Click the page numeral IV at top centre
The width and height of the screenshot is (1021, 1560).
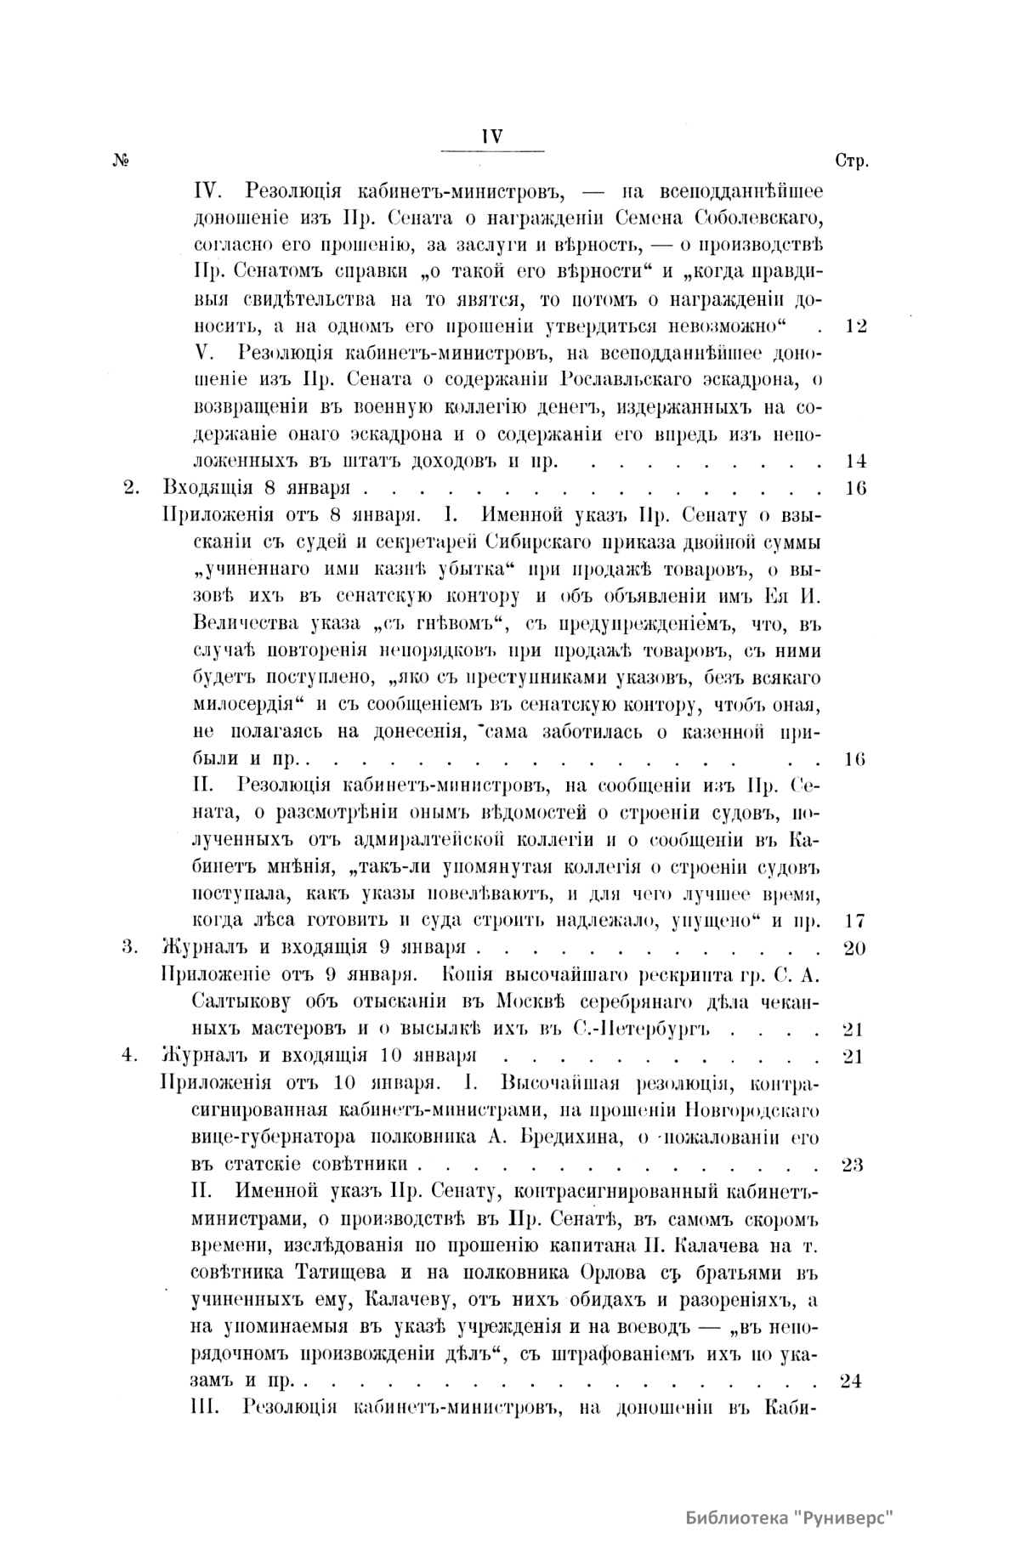tap(493, 136)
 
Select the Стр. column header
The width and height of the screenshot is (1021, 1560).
tap(851, 162)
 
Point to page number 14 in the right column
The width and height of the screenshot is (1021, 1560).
tap(855, 462)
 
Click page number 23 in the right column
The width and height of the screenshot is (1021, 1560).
tap(852, 1164)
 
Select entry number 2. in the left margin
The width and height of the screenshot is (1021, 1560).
tap(131, 489)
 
